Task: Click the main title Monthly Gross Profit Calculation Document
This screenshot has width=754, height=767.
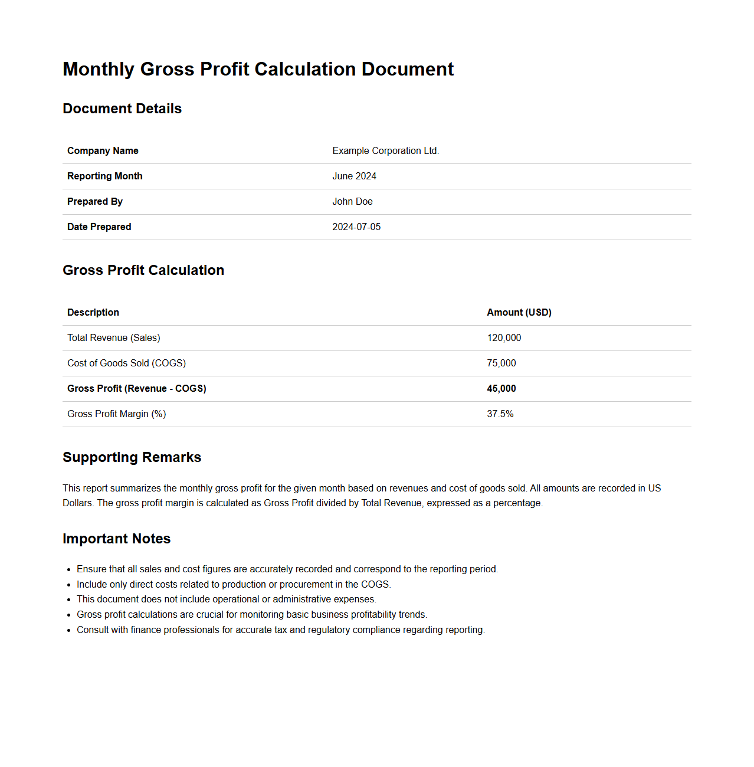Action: point(258,69)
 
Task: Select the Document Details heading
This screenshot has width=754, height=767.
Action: point(122,109)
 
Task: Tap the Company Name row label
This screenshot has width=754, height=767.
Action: point(103,150)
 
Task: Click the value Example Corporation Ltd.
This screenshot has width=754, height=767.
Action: point(385,150)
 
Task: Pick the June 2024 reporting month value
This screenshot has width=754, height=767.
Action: point(354,176)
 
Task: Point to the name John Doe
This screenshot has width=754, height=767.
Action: point(352,201)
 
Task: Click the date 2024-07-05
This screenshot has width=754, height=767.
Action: point(356,227)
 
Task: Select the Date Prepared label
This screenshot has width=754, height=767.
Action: point(99,227)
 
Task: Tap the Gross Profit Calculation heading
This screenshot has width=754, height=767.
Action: point(143,270)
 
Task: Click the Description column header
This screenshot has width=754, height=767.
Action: point(93,312)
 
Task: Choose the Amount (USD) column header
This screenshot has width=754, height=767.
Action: point(519,312)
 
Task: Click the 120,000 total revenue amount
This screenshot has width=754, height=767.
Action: point(504,337)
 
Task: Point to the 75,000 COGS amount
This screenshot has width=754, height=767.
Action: point(501,363)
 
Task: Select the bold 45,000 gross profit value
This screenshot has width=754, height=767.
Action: point(501,388)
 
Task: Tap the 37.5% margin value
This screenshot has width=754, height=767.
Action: point(500,414)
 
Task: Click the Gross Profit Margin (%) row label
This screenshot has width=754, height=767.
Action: point(117,414)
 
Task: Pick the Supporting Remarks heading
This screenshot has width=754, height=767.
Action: point(132,457)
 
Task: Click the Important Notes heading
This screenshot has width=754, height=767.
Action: point(116,539)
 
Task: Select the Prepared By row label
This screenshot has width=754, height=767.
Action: point(95,201)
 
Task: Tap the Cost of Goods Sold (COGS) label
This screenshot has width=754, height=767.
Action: point(126,363)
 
